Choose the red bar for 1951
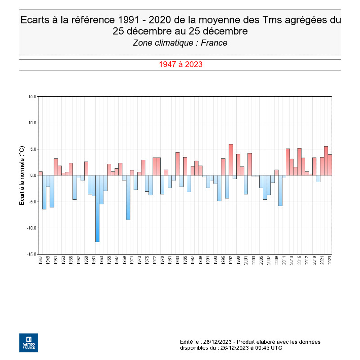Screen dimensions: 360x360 tap(56, 167)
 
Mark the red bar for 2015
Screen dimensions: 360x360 tap(299, 162)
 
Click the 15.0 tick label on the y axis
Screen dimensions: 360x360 tap(32, 96)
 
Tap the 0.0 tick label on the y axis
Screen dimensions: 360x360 tap(33, 175)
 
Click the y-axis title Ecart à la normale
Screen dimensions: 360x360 tap(21, 175)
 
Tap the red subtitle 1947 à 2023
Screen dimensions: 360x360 tap(180, 64)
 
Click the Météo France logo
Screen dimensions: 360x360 tap(29, 342)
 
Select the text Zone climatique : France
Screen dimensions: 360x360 tap(180, 43)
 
